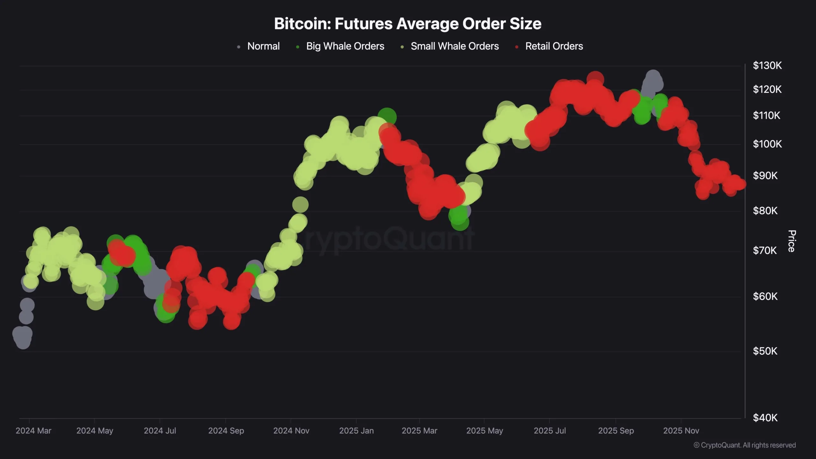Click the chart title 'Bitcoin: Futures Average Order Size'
[x=408, y=24]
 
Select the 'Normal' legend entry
[x=263, y=46]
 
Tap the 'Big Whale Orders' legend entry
[x=345, y=46]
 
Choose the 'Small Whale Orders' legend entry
[x=455, y=46]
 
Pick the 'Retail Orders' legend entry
[x=554, y=46]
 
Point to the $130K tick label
[x=767, y=66]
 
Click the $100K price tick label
[x=767, y=144]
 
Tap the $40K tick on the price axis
[x=765, y=418]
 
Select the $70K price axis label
[x=765, y=251]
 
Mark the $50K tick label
[x=765, y=351]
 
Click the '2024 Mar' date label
[x=33, y=431]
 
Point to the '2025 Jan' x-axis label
[x=356, y=431]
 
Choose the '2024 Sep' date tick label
[x=226, y=431]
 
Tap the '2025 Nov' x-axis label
[x=681, y=431]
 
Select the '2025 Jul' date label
[x=550, y=431]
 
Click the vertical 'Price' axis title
[x=792, y=241]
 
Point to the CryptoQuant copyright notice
[x=745, y=445]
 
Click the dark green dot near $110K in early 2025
[x=387, y=117]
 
